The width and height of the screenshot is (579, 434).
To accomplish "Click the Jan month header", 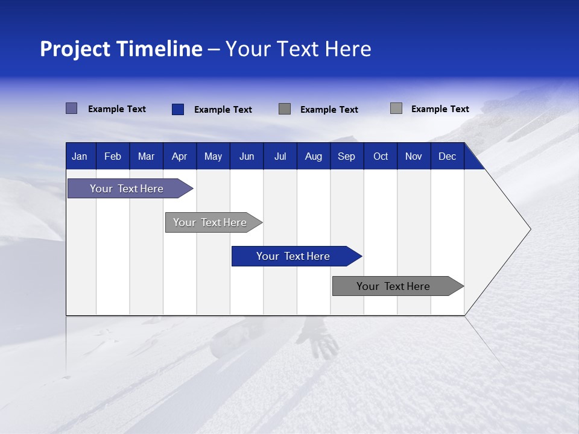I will tap(80, 157).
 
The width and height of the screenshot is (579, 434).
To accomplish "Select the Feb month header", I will tap(113, 157).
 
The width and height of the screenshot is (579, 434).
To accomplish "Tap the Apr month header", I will tap(179, 157).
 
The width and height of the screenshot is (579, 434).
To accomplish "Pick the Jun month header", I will tap(247, 157).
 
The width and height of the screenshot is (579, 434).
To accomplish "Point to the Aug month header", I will tap(314, 157).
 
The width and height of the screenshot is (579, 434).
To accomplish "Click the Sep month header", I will tap(346, 157).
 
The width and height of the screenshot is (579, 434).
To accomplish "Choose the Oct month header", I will tap(381, 157).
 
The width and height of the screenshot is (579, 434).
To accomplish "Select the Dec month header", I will tap(447, 157).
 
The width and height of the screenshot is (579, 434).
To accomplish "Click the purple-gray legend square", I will tap(72, 108).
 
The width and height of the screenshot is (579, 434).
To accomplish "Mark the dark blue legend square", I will tap(178, 109).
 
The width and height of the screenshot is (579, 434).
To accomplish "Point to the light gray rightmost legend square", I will tap(396, 108).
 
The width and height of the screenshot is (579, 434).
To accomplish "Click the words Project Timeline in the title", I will tap(121, 49).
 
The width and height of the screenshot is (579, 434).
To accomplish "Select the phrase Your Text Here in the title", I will tap(298, 49).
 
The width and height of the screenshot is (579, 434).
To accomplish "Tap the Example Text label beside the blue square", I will tap(223, 110).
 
